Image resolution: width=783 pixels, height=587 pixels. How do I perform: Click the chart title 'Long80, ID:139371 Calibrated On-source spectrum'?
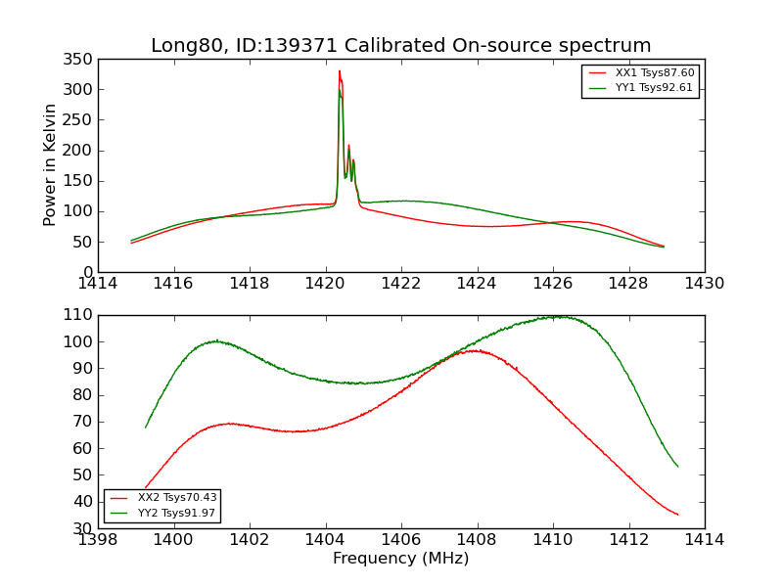[x=400, y=46]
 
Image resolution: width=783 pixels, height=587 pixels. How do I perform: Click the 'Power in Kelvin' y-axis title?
[x=50, y=165]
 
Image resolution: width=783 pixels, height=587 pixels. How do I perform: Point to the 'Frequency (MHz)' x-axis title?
[x=400, y=559]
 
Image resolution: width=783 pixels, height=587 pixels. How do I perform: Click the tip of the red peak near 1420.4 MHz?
[x=340, y=70]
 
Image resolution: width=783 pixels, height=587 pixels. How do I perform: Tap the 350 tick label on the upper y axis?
[x=82, y=60]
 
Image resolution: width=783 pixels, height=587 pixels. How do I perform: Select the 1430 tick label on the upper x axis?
[x=704, y=284]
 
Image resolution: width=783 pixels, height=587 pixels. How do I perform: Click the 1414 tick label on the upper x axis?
[x=98, y=284]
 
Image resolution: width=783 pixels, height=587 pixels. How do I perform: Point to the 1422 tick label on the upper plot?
[x=401, y=284]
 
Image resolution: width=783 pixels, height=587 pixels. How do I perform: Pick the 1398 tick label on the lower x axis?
[x=98, y=539]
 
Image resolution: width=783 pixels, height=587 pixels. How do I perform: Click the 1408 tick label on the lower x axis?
[x=477, y=539]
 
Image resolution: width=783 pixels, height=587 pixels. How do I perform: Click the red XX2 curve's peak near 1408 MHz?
[x=475, y=350]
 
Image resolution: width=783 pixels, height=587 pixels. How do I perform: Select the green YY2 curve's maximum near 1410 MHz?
[x=555, y=316]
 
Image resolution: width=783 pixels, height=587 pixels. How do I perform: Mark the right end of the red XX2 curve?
[x=677, y=515]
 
